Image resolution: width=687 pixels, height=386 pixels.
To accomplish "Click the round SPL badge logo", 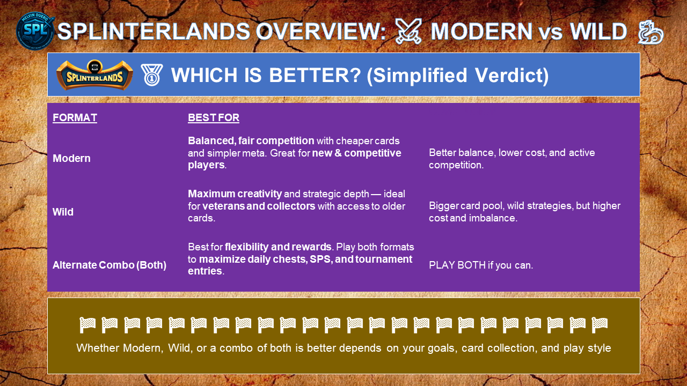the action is (35, 31).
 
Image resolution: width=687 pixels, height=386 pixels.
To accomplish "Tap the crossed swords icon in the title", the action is (408, 31).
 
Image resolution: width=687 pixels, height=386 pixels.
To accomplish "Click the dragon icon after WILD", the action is (651, 32).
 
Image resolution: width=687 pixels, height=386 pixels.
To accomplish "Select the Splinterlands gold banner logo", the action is (94, 75).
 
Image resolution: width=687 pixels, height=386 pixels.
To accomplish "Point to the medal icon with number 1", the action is (151, 75).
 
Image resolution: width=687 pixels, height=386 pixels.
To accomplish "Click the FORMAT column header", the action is (75, 117).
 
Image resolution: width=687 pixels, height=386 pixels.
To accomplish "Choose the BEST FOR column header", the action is (214, 117).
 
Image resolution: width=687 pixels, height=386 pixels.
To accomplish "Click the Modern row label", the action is (71, 158).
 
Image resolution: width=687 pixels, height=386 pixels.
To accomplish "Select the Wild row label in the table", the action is (63, 212).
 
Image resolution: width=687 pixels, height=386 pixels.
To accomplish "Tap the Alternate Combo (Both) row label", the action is (109, 265).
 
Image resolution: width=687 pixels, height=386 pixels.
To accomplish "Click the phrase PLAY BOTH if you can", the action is (481, 265).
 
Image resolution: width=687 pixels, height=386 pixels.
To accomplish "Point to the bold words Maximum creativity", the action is (235, 194).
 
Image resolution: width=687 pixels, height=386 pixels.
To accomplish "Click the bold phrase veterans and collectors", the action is (259, 206).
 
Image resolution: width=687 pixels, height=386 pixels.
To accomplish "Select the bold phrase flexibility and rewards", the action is (278, 247).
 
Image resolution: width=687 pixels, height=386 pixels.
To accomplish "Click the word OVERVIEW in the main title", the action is (321, 32).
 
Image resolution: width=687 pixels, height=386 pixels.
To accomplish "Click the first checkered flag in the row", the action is (87, 325).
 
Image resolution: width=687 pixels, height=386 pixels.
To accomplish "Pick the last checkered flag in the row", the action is (600, 325).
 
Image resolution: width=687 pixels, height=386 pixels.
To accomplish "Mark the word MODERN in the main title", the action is (481, 32).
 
